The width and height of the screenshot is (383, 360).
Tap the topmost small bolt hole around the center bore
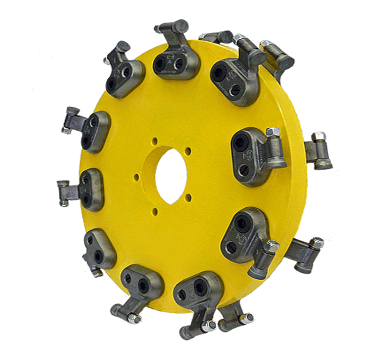[155, 141]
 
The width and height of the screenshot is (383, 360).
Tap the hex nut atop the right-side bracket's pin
[272, 132]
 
